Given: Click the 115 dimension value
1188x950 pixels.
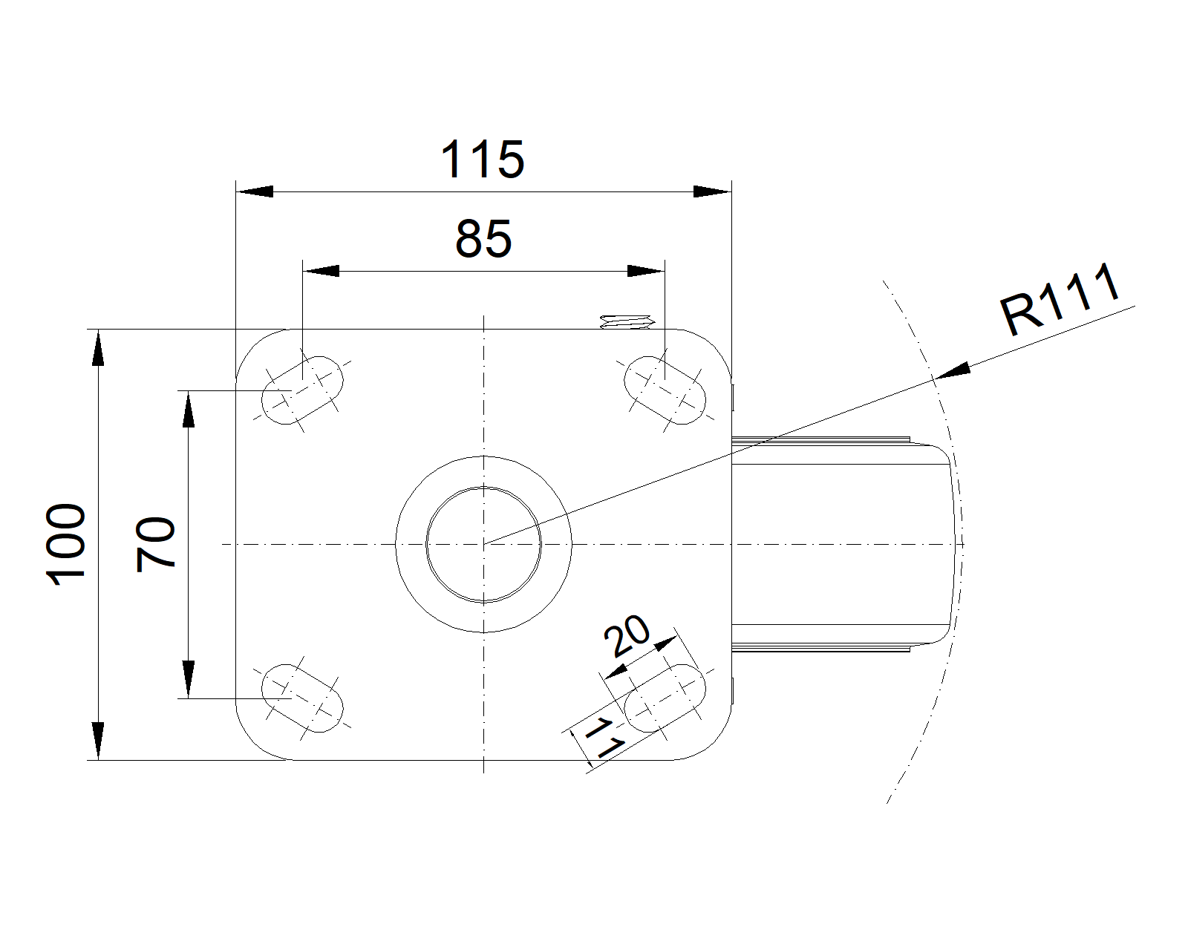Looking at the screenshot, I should [x=483, y=159].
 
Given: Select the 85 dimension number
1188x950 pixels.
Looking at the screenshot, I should [x=483, y=239].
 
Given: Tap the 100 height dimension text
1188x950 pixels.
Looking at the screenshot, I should [x=66, y=545].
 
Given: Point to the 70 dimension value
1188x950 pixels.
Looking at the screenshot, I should [x=156, y=544].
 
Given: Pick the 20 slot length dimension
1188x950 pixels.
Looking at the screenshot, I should [x=627, y=636].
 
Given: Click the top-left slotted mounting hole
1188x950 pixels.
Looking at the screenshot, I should [x=303, y=390].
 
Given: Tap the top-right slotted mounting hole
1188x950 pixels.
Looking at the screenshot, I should [x=664, y=390].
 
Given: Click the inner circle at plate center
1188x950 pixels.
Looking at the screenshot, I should [x=483, y=544].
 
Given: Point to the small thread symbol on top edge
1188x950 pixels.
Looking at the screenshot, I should [x=626, y=322].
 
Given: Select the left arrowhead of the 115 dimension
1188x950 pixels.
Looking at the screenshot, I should [x=254, y=191].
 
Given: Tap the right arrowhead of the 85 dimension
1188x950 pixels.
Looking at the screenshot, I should [x=645, y=271].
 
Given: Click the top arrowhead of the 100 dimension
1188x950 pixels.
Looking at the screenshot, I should [x=98, y=349].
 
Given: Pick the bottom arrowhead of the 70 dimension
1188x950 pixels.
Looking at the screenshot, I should [x=189, y=679].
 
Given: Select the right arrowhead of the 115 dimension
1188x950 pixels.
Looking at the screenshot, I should [x=712, y=191].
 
